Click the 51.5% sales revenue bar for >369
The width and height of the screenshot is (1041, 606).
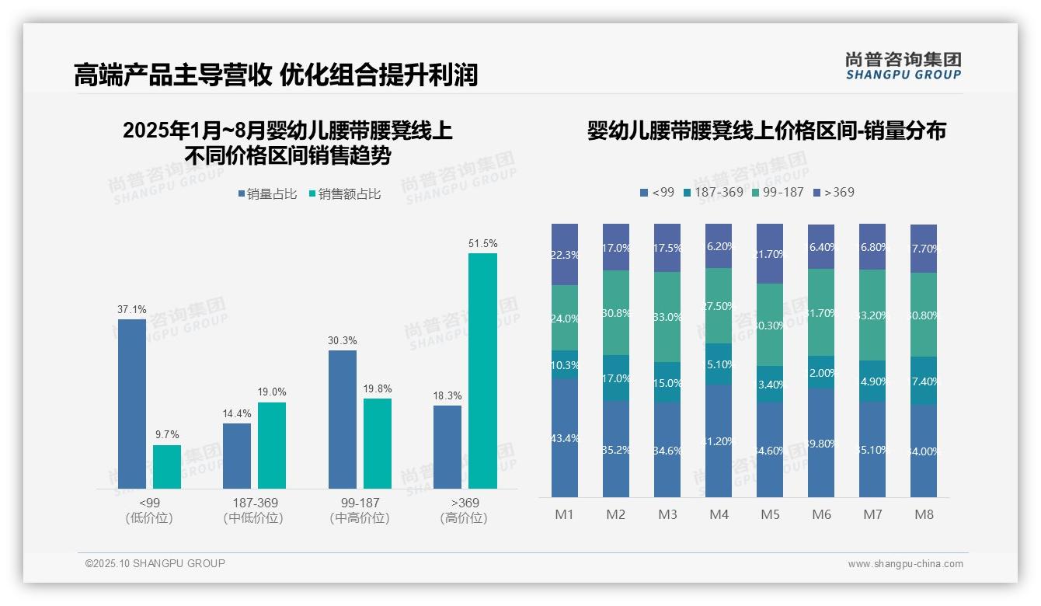point(482,371)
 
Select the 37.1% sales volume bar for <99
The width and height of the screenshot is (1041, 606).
point(132,403)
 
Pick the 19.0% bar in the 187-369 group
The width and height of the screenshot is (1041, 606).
point(272,445)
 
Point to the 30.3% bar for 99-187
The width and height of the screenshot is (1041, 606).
point(343,419)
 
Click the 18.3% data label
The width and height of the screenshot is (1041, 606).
point(447,395)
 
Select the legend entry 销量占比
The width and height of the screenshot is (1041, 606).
point(268,194)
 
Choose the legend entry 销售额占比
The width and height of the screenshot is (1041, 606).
point(345,194)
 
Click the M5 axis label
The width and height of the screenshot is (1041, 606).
point(770,514)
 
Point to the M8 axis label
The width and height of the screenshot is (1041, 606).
point(924,514)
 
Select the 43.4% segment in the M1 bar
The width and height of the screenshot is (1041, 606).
point(565,437)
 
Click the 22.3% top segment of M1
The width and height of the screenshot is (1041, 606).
point(565,254)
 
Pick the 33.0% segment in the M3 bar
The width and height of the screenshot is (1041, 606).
point(667,317)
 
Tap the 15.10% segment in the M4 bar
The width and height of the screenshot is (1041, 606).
point(719,364)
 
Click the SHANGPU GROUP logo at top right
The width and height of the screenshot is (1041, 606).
point(903,66)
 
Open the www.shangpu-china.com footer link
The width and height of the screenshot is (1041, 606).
point(905,564)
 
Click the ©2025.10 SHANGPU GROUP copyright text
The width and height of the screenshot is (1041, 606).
point(155,563)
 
